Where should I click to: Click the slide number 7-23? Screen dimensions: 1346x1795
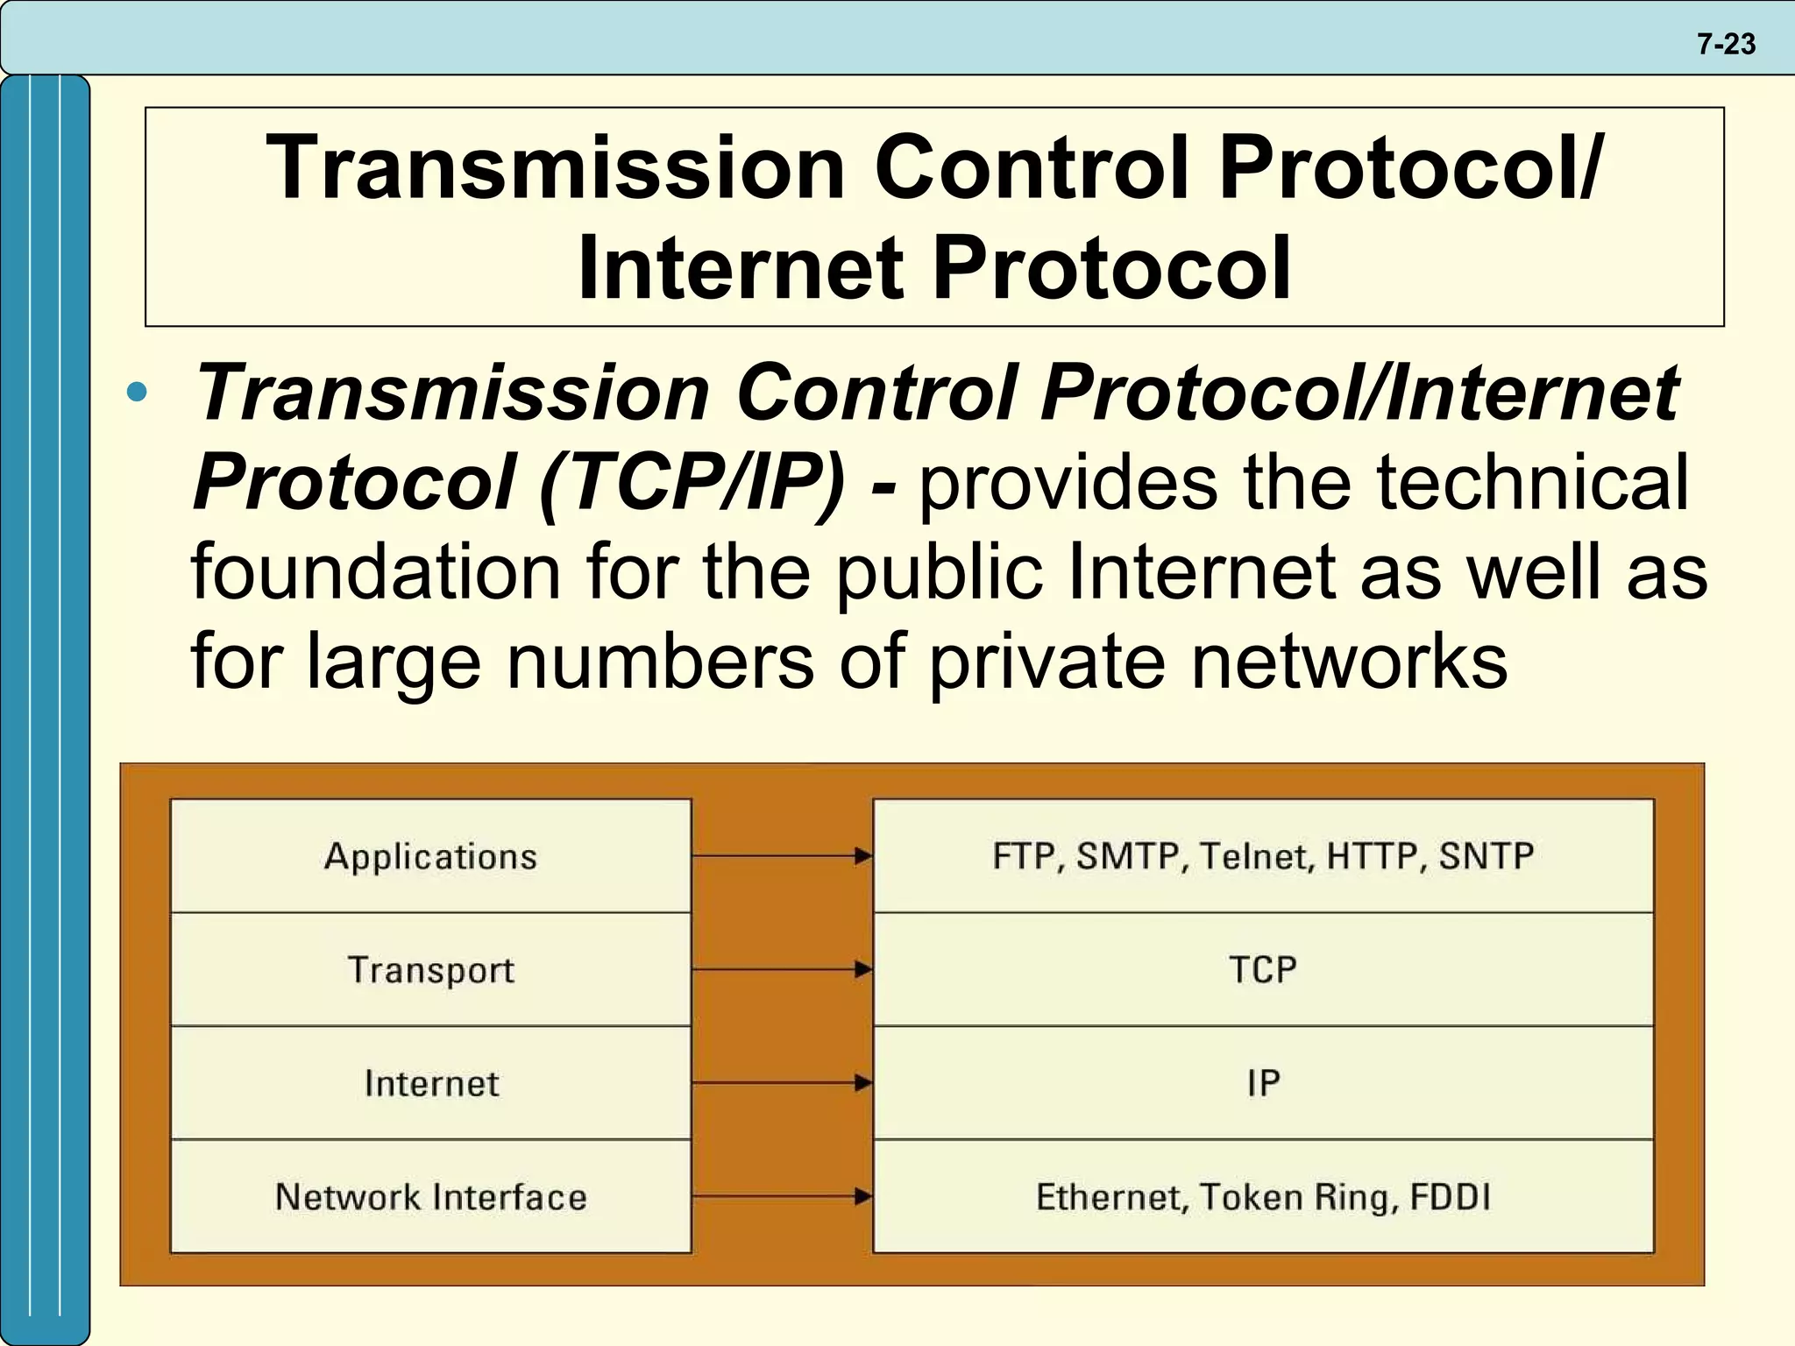(1726, 44)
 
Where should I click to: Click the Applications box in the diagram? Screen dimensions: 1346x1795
(430, 856)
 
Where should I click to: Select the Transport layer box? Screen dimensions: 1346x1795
(430, 969)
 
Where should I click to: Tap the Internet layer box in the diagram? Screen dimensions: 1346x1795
(430, 1083)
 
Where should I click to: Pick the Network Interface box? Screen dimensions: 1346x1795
(430, 1196)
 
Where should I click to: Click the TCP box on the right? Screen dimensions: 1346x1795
(1262, 969)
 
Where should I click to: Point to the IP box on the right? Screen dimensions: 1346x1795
(1262, 1083)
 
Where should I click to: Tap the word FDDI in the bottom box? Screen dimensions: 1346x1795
(1450, 1197)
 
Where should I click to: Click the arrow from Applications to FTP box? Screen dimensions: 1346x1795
(781, 856)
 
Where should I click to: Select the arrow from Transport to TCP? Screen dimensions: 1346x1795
(781, 969)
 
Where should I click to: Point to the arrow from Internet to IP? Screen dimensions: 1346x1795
(781, 1083)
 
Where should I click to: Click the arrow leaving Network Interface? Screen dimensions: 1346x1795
(781, 1196)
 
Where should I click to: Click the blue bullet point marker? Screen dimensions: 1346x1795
(137, 392)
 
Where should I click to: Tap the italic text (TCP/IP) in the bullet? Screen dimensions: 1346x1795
(692, 482)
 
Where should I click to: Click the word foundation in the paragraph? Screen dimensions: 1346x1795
(375, 571)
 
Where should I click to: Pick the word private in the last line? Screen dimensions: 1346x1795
(1046, 661)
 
